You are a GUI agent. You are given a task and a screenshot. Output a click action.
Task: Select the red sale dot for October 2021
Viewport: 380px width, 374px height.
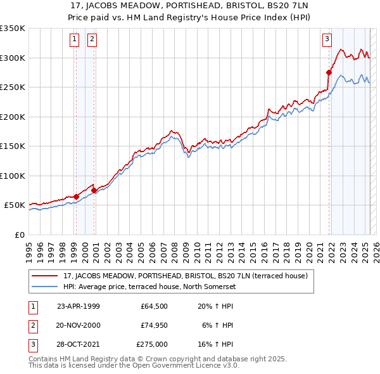point(329,72)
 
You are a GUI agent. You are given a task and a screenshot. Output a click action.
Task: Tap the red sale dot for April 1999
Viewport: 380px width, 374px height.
point(76,197)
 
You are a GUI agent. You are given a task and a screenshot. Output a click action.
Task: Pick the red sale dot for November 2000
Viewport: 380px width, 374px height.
point(94,190)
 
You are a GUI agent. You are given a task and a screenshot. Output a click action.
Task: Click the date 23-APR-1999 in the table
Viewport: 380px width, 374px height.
point(79,306)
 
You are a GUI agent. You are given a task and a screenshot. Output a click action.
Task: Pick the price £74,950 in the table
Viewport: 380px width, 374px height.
point(152,325)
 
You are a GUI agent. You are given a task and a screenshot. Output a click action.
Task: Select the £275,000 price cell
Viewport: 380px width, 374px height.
point(152,344)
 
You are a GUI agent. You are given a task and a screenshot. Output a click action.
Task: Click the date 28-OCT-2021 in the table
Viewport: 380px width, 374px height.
point(79,344)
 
